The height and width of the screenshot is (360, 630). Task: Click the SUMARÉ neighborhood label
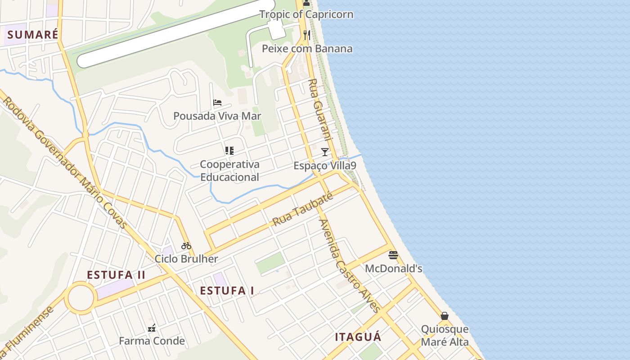click(33, 35)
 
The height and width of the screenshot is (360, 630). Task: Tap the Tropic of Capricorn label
click(306, 14)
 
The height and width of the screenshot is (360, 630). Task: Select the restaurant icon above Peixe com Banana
click(307, 35)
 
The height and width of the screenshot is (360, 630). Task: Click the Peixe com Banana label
click(307, 49)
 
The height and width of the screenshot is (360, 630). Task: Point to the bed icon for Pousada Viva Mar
click(217, 103)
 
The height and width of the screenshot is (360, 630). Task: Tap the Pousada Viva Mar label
click(217, 116)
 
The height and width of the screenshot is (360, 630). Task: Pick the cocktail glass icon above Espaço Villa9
click(325, 152)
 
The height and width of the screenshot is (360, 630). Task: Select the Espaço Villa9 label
click(325, 166)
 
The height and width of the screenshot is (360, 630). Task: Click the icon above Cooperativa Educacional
click(229, 151)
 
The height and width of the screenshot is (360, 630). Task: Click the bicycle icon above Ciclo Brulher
click(186, 246)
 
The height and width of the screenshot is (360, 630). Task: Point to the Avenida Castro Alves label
click(349, 265)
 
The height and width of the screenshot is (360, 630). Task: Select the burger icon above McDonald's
click(393, 255)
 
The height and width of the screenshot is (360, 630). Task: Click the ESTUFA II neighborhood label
click(116, 275)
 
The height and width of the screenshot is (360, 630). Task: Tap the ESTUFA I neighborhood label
click(227, 291)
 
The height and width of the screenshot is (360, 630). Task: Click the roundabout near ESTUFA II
click(81, 297)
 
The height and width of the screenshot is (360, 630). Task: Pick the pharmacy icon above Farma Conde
click(152, 328)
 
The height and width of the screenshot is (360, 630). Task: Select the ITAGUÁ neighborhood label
click(358, 337)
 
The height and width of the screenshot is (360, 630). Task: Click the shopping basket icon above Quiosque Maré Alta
click(445, 316)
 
